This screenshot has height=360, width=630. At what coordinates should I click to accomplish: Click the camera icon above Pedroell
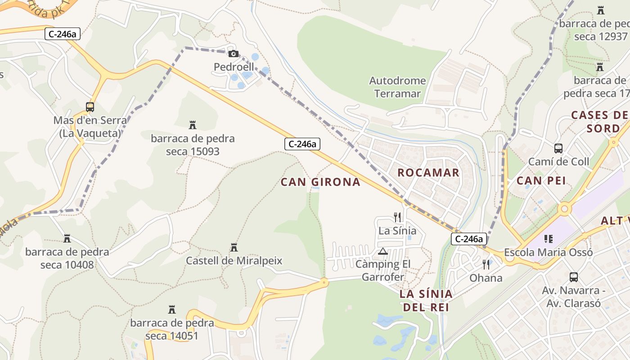233,54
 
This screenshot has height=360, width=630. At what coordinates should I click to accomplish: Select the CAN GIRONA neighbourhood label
320,182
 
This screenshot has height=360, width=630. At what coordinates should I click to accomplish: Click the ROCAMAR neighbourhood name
428,172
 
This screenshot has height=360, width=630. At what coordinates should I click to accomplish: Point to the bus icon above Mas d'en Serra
90,107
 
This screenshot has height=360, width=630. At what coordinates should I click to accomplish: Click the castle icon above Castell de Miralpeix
234,247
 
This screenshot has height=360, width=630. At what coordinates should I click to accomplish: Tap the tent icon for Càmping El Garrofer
383,251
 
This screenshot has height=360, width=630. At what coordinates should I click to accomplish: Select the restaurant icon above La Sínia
397,217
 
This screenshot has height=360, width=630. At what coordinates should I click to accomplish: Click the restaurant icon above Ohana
486,264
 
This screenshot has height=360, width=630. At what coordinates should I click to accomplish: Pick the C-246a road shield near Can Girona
302,144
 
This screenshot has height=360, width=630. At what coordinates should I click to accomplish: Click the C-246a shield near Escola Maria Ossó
469,239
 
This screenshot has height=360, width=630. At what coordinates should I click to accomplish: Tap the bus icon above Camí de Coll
558,148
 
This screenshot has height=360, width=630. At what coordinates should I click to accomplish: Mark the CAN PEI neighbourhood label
541,180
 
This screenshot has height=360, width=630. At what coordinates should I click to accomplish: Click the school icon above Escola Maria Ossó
548,238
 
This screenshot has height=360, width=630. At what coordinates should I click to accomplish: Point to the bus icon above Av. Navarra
574,277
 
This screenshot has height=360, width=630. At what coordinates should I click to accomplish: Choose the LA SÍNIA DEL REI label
426,301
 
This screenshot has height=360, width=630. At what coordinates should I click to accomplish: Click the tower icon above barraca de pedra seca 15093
193,125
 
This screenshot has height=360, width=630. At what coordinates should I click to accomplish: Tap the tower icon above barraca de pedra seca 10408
67,238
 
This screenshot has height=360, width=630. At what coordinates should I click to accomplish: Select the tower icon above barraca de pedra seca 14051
171,309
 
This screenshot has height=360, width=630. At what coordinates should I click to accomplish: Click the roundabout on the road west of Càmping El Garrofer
324,283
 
